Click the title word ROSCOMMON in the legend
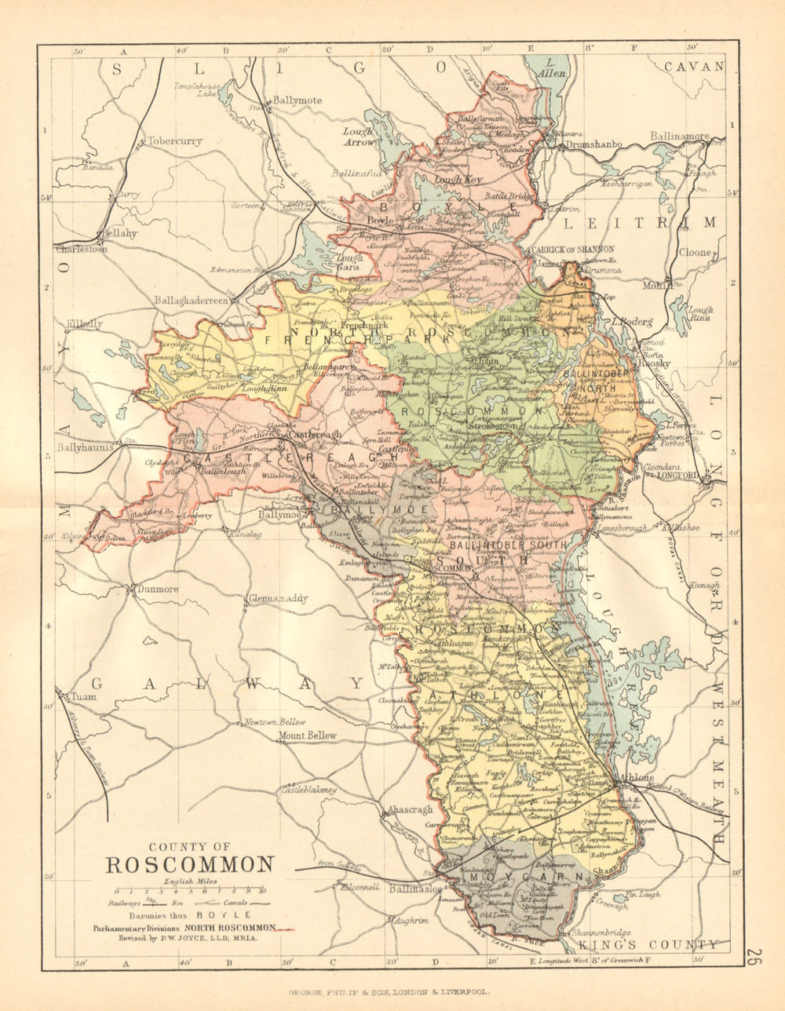click(x=190, y=864)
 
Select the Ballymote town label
click(x=298, y=101)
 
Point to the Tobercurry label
click(x=174, y=142)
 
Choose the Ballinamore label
click(x=680, y=137)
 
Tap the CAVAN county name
click(x=694, y=67)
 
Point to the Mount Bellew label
click(x=308, y=735)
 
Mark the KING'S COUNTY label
click(x=648, y=945)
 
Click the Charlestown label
click(x=82, y=249)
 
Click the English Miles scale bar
click(x=188, y=892)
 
